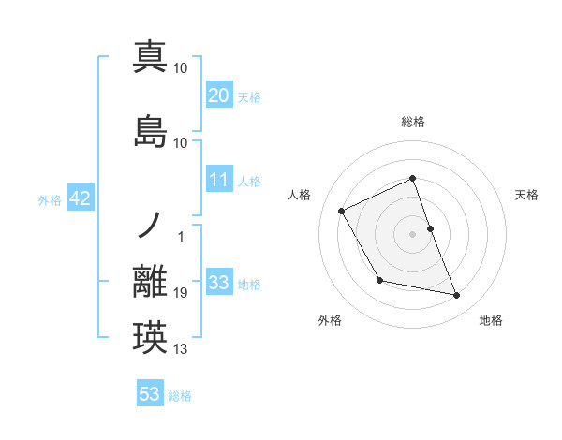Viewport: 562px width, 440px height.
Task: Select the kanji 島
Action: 150,131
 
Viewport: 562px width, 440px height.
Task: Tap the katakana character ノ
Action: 150,225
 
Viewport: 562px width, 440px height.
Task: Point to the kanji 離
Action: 150,282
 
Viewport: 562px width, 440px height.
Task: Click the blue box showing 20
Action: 219,95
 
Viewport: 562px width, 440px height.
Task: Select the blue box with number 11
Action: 219,180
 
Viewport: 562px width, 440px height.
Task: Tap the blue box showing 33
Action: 219,283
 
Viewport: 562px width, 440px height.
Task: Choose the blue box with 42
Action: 80,198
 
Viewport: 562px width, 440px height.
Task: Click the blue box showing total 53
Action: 150,394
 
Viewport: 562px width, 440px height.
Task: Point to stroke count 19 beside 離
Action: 181,294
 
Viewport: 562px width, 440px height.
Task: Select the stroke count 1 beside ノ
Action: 181,236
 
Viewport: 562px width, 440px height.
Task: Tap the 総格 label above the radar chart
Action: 413,122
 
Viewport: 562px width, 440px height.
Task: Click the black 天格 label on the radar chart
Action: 527,195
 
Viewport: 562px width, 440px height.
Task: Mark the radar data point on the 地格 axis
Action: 457,296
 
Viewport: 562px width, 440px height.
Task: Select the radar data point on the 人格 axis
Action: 342,211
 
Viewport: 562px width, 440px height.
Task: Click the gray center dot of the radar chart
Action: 413,233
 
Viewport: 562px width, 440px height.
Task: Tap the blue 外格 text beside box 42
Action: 50,199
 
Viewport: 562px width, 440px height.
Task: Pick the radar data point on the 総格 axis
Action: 413,178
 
